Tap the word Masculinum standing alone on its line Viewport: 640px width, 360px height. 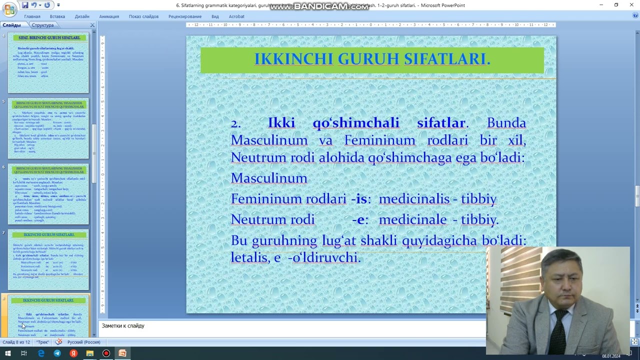tap(269, 178)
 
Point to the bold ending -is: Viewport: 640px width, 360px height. tap(361, 199)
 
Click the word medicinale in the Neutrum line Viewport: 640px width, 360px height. tap(412, 219)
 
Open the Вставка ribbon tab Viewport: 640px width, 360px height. tap(57, 16)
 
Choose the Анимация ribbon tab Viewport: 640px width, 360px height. tap(109, 16)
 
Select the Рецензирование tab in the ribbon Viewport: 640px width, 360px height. tap(185, 16)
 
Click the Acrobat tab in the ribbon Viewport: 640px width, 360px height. tap(236, 16)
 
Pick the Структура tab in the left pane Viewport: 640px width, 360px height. tap(42, 25)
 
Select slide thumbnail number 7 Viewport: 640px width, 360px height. tap(48, 260)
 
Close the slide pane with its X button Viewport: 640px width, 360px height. tap(92, 25)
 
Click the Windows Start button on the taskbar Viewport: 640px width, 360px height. tap(7, 353)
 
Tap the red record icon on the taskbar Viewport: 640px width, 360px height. tap(106, 353)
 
